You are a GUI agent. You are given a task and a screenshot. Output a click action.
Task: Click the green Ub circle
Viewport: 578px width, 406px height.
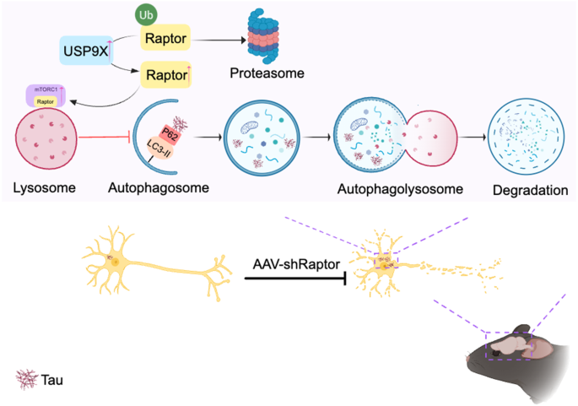pos(147,14)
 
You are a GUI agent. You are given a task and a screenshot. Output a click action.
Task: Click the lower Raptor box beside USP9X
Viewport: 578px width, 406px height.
pos(165,74)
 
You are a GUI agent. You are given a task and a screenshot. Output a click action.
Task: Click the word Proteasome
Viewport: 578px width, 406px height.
pos(267,73)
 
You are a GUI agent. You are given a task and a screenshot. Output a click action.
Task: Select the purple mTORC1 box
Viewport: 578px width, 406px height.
pos(46,95)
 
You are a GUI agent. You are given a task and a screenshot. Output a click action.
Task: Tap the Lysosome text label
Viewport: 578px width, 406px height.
pos(46,187)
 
